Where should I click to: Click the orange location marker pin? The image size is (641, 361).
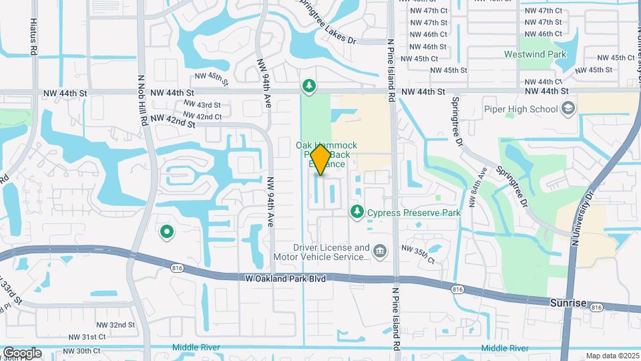[x=320, y=160]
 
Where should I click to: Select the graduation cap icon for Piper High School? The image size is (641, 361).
[x=568, y=108]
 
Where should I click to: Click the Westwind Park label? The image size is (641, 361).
[x=542, y=55]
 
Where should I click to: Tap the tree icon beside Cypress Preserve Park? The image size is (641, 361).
[x=357, y=212]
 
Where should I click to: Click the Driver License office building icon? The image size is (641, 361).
[x=380, y=251]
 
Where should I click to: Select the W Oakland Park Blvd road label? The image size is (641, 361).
[x=285, y=278]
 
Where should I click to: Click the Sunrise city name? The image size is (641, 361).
[x=568, y=303]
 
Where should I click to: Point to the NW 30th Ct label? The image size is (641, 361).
[x=78, y=350]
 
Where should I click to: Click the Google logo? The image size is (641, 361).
[x=21, y=353]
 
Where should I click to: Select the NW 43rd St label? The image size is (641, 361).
[x=201, y=105]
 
